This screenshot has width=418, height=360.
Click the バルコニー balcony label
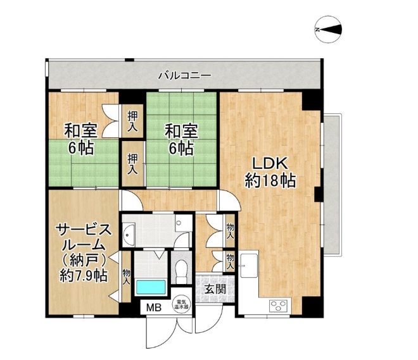(185, 76)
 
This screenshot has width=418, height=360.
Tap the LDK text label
(270, 163)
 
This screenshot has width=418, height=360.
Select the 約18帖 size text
(270, 180)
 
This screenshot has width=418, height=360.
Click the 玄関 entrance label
(215, 289)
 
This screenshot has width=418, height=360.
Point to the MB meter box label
(154, 308)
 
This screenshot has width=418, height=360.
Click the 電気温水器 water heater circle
(181, 304)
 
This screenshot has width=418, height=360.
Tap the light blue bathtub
(151, 287)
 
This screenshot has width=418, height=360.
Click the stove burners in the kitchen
(279, 305)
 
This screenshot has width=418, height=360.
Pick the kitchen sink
(249, 266)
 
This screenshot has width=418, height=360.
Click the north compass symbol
(328, 29)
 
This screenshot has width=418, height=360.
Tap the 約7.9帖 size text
(84, 276)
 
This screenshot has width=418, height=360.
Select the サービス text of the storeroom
(83, 230)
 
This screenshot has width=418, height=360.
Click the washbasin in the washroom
(129, 235)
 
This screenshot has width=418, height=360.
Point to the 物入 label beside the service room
(126, 276)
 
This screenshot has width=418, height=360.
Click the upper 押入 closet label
(132, 121)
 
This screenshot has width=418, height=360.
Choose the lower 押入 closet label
(132, 164)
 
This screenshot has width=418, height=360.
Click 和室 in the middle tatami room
(181, 132)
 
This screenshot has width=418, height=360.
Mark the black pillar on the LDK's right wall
(319, 194)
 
